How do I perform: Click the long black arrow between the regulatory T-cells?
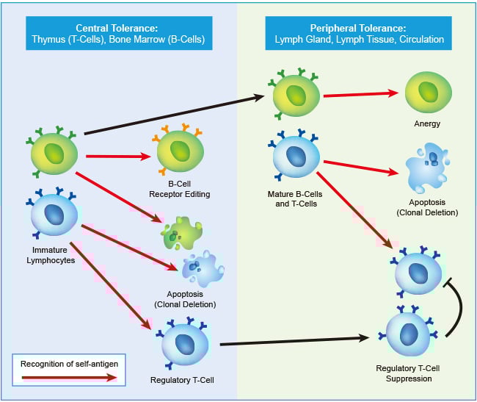point(294,341)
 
